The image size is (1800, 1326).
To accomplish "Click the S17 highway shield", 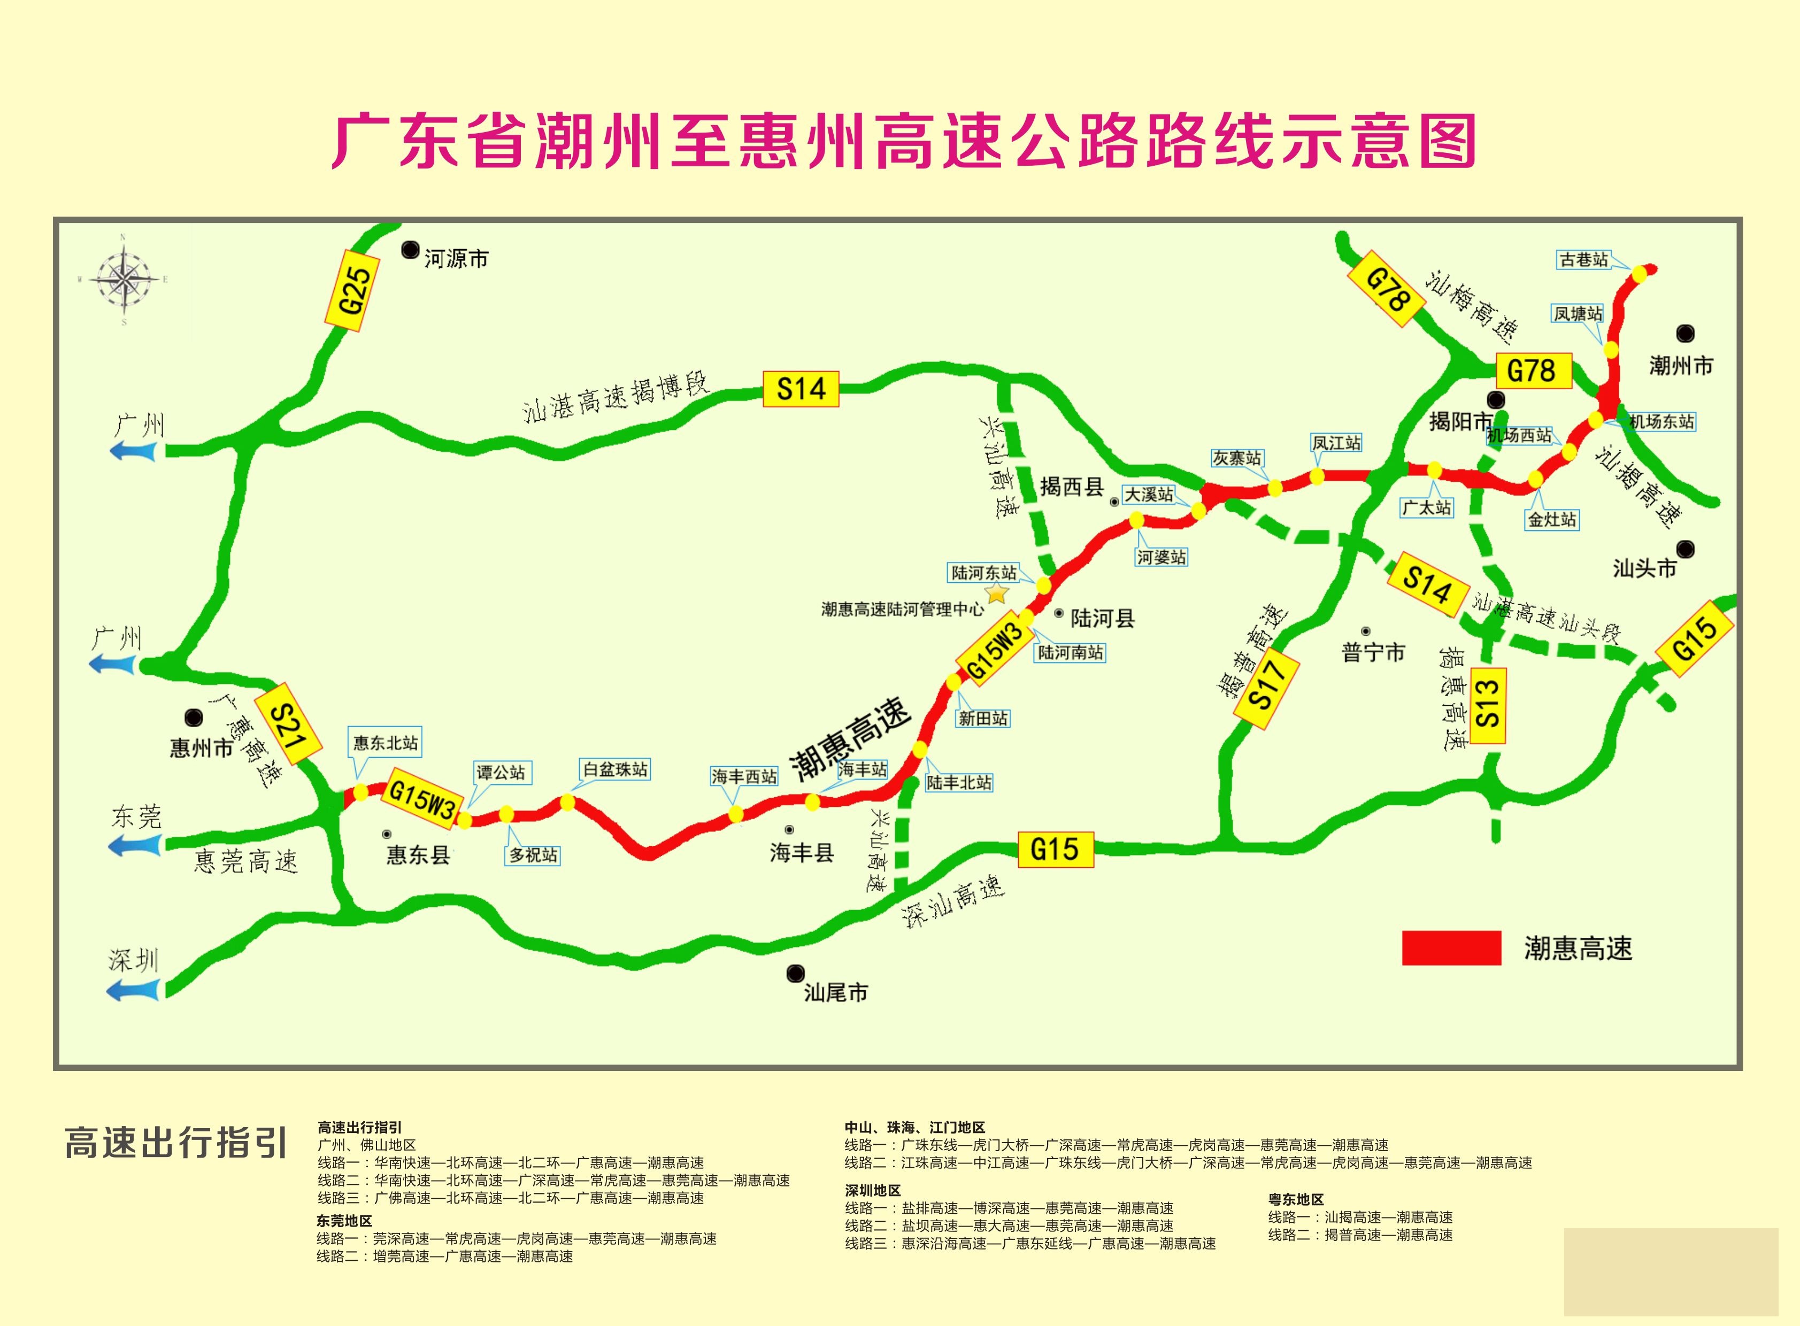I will [x=1265, y=688].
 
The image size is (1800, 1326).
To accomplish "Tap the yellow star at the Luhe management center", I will [x=997, y=593].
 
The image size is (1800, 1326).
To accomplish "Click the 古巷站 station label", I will [x=1584, y=259].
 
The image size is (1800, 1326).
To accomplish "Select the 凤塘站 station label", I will [x=1578, y=314].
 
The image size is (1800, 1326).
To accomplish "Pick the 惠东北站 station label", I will [x=386, y=743].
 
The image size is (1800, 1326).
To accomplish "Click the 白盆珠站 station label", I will [x=615, y=769].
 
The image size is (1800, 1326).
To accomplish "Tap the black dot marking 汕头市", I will [x=1684, y=549].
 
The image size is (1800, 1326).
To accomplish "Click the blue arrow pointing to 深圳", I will [x=133, y=991].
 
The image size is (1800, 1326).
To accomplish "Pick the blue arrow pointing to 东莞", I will [x=134, y=844].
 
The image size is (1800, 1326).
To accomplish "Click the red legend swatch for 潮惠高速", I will [x=1451, y=948].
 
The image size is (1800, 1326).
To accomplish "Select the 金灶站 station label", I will [x=1552, y=519].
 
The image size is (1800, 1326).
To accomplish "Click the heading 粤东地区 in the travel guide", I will [x=1296, y=1199].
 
